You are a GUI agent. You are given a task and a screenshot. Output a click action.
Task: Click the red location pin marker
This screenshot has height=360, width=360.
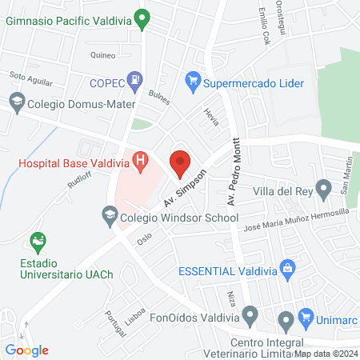tap(180, 163)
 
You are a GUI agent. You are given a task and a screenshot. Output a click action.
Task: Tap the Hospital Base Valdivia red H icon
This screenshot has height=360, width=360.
tap(141, 162)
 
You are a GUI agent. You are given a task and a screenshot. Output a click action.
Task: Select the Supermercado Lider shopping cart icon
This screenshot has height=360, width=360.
tap(192, 81)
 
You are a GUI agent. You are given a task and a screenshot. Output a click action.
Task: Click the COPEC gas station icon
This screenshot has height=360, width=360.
tap(137, 81)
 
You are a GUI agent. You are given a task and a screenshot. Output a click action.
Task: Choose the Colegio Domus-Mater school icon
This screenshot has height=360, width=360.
tap(16, 102)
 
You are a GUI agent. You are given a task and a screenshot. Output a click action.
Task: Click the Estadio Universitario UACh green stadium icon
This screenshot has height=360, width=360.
tap(36, 241)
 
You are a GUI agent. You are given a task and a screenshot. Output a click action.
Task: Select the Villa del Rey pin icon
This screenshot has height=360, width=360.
tap(323, 190)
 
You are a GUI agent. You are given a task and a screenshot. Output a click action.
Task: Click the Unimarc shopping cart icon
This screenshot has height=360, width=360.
tap(304, 318)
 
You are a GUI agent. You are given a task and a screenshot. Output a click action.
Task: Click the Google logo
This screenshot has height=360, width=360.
tap(26, 350)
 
